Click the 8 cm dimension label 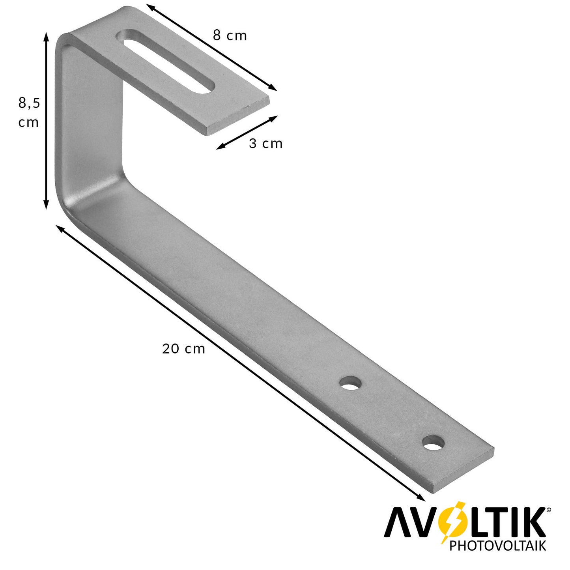tap(230, 36)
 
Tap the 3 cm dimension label tap(265, 144)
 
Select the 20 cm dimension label tap(183, 349)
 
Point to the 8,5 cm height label tap(29, 112)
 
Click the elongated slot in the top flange tap(167, 61)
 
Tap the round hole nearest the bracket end tap(434, 443)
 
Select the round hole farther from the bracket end tap(351, 383)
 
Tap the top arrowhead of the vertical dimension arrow tap(46, 37)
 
